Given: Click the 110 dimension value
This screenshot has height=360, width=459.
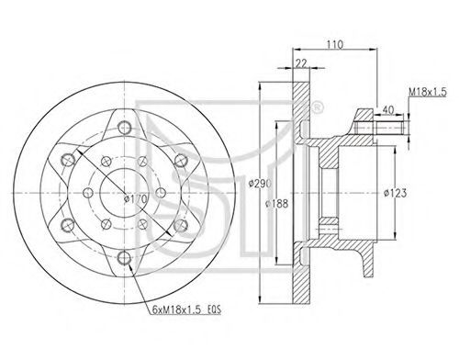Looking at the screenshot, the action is point(334,45).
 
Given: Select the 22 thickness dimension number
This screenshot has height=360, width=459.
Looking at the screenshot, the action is point(301,63).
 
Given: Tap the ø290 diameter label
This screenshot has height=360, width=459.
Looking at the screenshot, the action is point(260,184).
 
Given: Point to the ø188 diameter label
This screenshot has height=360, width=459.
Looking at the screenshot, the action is point(277,204).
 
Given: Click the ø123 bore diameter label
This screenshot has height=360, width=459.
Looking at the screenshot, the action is point(396,193).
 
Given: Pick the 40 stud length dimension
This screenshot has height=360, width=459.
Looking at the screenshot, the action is point(388,110).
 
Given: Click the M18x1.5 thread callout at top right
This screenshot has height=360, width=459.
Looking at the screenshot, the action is point(428,92).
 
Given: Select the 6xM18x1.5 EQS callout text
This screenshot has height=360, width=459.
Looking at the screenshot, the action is point(186,309).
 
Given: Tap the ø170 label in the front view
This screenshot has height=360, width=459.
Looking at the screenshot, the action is point(136,199).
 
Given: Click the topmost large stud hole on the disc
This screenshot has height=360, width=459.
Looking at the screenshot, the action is point(125,127).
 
